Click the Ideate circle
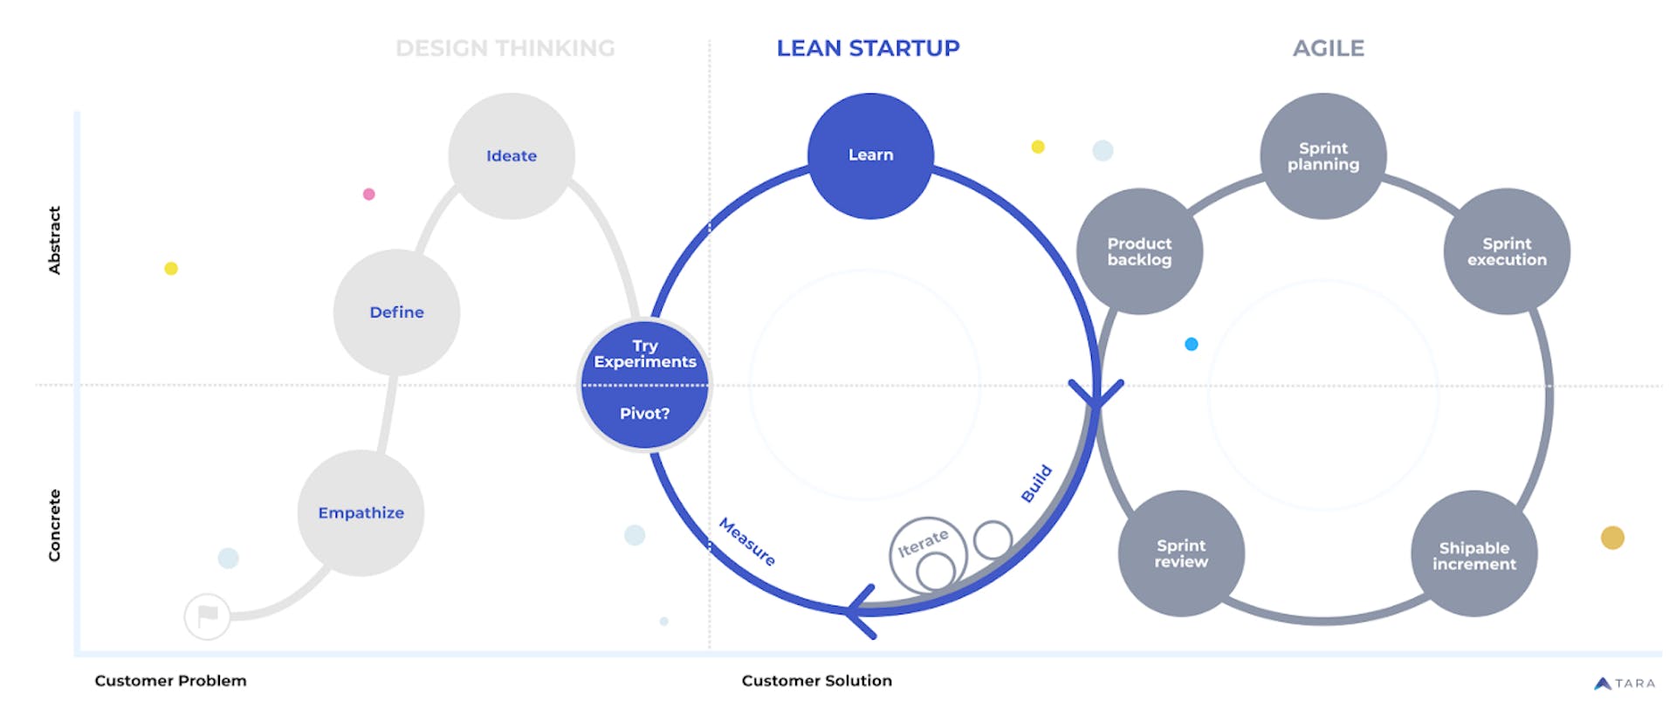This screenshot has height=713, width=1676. click(512, 156)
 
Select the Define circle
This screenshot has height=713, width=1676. click(396, 312)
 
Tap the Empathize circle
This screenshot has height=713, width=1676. click(361, 513)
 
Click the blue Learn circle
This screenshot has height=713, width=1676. click(870, 155)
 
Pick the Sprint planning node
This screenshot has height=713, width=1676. click(1323, 156)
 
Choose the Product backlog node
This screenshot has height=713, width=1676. click(1139, 251)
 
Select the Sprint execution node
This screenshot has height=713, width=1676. click(1507, 251)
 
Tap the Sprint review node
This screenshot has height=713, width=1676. click(1181, 553)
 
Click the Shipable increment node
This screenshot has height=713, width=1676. click(1473, 555)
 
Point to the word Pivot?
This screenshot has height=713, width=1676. click(644, 414)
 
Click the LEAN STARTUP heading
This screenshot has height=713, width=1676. click(868, 48)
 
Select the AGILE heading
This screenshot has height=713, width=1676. click(1328, 48)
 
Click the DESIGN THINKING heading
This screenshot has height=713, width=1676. click(505, 48)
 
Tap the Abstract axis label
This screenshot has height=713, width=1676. click(54, 240)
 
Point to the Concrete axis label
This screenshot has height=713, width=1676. click(54, 524)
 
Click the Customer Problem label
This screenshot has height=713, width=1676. click(170, 681)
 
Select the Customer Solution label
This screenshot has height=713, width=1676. click(816, 681)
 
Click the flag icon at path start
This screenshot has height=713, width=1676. click(208, 616)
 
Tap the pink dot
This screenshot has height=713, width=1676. click(368, 194)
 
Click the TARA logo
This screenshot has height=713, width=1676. click(1624, 683)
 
